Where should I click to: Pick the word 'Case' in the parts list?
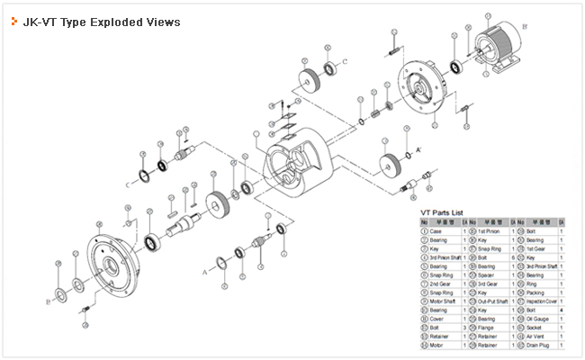pos(438,230)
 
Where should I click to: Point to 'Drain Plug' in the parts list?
pos(538,345)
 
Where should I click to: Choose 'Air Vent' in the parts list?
pos(535,335)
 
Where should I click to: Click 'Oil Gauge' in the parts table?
pos(536,319)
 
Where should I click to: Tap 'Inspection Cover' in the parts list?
pos(541,302)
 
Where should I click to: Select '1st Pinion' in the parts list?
pos(489,230)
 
